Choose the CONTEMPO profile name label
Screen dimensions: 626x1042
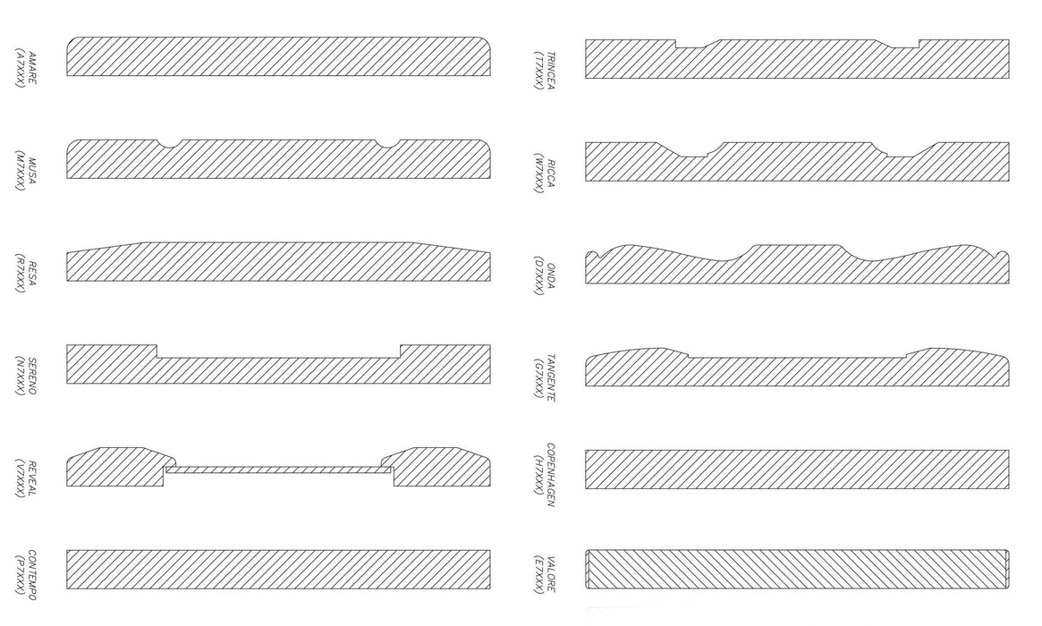(x=32, y=574)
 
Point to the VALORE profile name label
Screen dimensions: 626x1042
(x=550, y=574)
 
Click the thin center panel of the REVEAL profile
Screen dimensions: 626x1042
(x=279, y=469)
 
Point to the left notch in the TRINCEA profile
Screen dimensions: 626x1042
(x=689, y=45)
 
